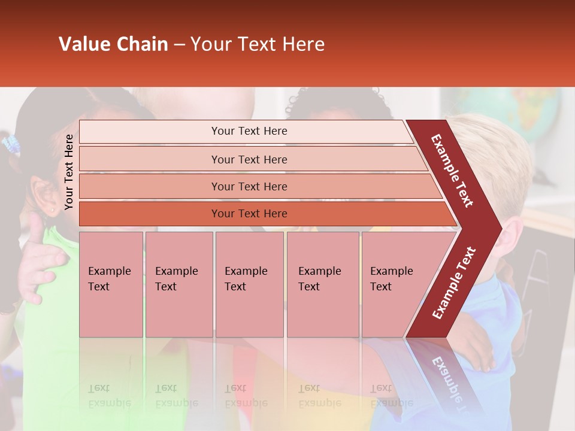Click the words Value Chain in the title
(x=113, y=44)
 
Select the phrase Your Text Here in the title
(x=258, y=44)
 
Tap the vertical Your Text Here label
(x=69, y=172)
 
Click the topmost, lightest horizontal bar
(x=249, y=131)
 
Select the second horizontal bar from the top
(x=249, y=159)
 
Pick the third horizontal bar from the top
(x=249, y=186)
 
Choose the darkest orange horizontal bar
(x=249, y=214)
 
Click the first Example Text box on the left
(x=111, y=284)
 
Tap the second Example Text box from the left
(x=178, y=284)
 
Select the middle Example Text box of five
(x=249, y=284)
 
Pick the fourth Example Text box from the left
(x=323, y=284)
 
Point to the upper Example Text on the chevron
(x=452, y=171)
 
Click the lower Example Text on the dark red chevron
(x=454, y=283)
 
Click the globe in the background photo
(x=527, y=114)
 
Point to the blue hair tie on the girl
(x=11, y=144)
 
